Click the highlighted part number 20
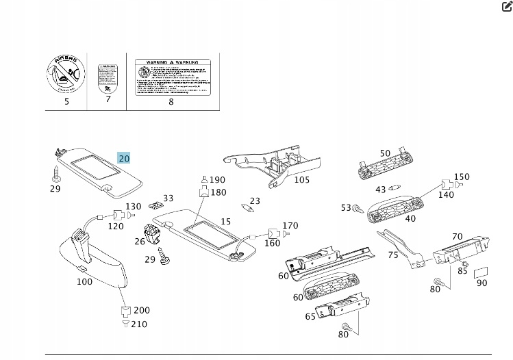click(124, 158)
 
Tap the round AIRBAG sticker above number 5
click(66, 75)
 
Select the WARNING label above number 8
click(171, 75)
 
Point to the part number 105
click(302, 180)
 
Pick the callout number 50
click(385, 153)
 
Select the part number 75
click(393, 255)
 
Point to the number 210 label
click(139, 324)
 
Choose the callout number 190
click(217, 180)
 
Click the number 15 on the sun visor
click(225, 221)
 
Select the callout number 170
click(290, 225)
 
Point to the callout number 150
click(462, 177)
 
